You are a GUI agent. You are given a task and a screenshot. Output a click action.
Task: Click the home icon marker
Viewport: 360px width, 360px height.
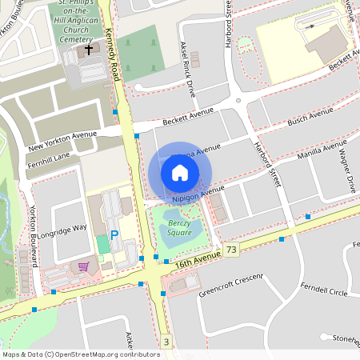(180, 173)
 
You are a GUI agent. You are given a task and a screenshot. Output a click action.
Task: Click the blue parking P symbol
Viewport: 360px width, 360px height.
(114, 235)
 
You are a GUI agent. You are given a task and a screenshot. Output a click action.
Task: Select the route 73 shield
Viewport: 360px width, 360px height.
(231, 250)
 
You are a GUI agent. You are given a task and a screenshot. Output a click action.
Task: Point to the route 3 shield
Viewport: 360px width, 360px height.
(166, 342)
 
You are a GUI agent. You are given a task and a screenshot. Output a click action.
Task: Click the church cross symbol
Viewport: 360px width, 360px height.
(88, 50)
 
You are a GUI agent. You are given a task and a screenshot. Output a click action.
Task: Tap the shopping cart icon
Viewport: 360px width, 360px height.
(82, 266)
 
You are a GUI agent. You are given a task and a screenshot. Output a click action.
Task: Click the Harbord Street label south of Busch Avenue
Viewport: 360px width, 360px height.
(266, 163)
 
